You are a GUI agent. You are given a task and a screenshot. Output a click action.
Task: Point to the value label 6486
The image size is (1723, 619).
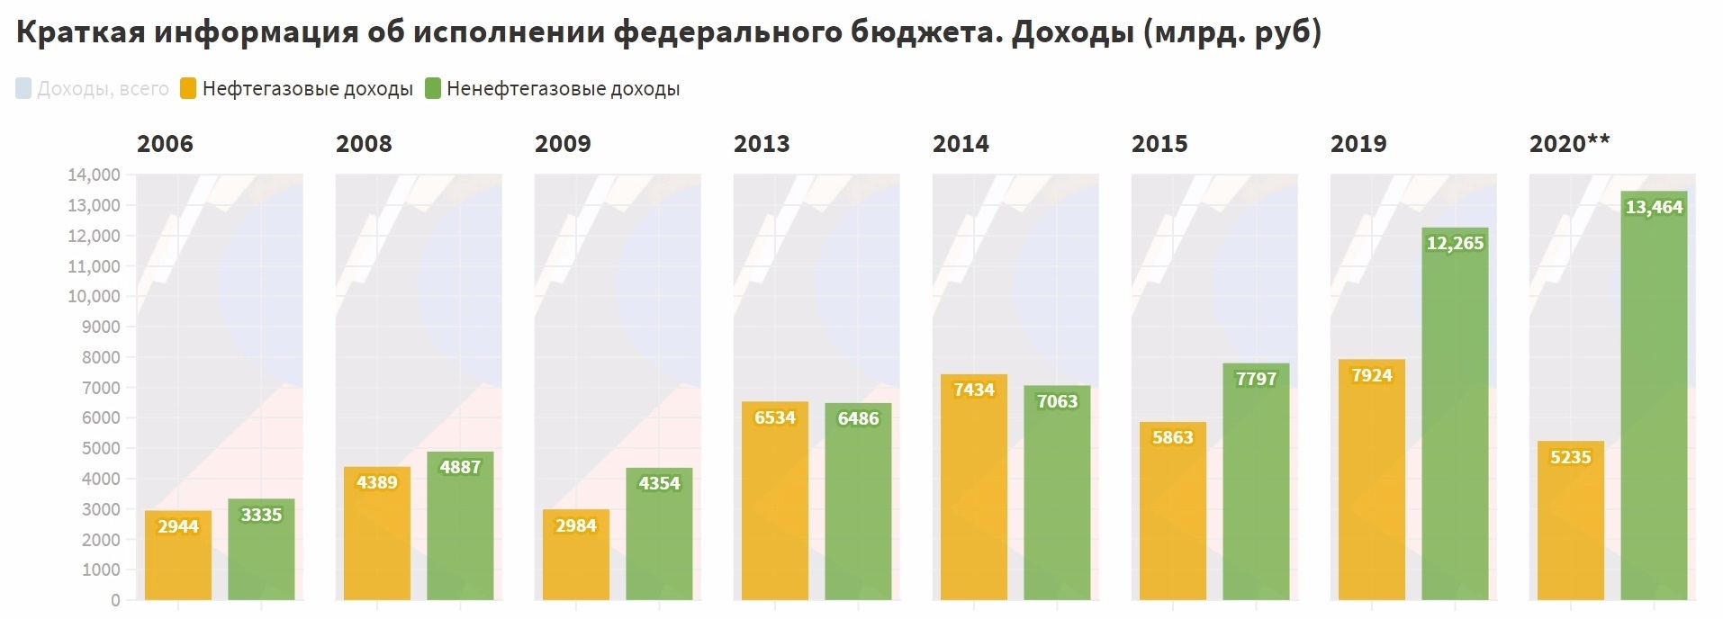click(858, 418)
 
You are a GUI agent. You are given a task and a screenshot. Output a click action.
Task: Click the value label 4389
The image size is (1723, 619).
click(376, 482)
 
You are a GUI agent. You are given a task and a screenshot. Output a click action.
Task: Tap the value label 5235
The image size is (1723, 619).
click(1570, 457)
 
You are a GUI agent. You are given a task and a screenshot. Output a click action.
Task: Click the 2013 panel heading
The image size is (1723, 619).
click(762, 144)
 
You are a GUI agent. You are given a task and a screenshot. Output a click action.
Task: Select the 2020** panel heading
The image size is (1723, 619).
click(1569, 144)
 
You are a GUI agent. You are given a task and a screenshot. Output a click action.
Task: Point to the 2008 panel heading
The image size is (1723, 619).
click(364, 144)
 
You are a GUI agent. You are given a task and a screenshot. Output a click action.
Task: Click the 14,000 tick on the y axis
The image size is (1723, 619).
click(94, 175)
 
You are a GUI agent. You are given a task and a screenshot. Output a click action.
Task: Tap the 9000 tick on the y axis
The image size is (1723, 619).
click(101, 327)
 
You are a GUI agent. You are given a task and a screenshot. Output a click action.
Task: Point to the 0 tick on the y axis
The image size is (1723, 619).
click(115, 600)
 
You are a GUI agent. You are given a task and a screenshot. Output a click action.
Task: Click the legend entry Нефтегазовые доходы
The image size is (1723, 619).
click(307, 89)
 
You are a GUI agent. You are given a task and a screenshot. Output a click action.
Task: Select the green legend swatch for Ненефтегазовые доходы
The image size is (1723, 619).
click(433, 88)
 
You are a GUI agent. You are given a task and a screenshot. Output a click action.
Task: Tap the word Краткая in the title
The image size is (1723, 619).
click(80, 32)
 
